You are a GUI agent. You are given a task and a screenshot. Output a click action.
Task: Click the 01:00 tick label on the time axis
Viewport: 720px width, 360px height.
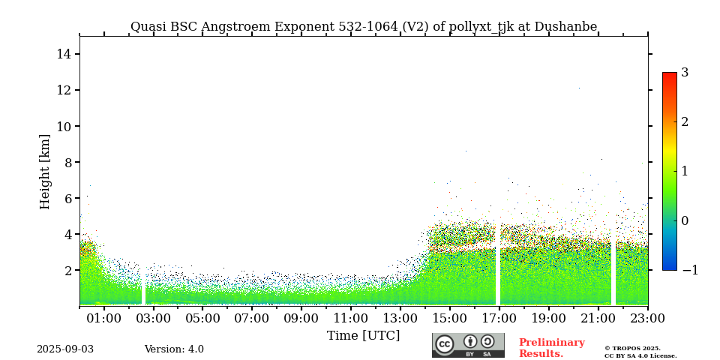[x=104, y=319]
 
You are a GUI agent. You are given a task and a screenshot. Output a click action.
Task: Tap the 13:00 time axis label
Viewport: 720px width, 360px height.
[x=400, y=319]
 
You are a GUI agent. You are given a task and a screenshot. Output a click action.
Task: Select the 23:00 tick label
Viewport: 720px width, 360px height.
[x=646, y=319]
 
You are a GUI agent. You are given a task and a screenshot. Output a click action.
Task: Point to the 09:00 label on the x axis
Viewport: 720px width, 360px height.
[x=301, y=319]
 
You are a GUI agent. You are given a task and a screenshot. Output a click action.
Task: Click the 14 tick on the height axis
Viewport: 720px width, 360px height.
[x=64, y=54]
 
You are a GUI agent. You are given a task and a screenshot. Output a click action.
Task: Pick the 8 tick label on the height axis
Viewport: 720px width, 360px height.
[x=67, y=162]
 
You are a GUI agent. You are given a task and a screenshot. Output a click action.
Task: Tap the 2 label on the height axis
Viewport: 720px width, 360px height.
[x=67, y=270]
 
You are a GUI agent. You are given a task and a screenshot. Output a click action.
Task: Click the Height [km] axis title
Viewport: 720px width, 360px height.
[x=46, y=171]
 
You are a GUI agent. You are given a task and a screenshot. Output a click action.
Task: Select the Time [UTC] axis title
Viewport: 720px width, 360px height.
[x=363, y=335]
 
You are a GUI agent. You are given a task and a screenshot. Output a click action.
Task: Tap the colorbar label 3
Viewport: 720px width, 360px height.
[x=685, y=73]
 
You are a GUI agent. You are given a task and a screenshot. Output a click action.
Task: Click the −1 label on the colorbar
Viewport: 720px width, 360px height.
[x=689, y=270]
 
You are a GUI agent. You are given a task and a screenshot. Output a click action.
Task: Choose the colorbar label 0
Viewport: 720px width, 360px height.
[x=685, y=220]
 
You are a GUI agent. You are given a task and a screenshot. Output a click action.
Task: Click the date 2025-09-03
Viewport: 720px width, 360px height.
[x=65, y=349]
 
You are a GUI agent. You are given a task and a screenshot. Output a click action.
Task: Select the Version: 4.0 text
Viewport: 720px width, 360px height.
[x=174, y=349]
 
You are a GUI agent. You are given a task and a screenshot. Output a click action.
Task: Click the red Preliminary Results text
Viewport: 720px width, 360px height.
[x=551, y=348]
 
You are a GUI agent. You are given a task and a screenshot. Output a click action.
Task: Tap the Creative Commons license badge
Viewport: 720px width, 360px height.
[x=468, y=345]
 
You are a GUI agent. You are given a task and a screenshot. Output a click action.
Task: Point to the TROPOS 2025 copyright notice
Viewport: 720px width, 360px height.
[x=640, y=352]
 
